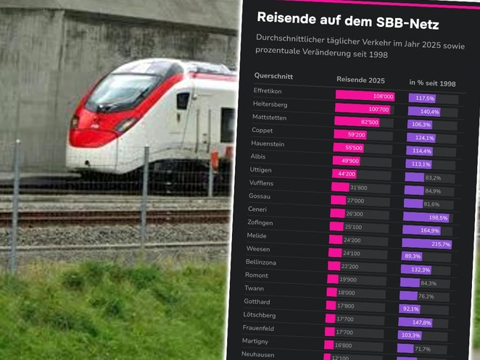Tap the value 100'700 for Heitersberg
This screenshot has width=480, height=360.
coord(379,109)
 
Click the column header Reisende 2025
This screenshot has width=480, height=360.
coord(360,79)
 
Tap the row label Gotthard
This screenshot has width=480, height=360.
coord(257,301)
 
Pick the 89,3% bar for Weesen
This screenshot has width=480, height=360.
coord(412,256)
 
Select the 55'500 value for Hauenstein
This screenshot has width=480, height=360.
coord(353,148)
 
